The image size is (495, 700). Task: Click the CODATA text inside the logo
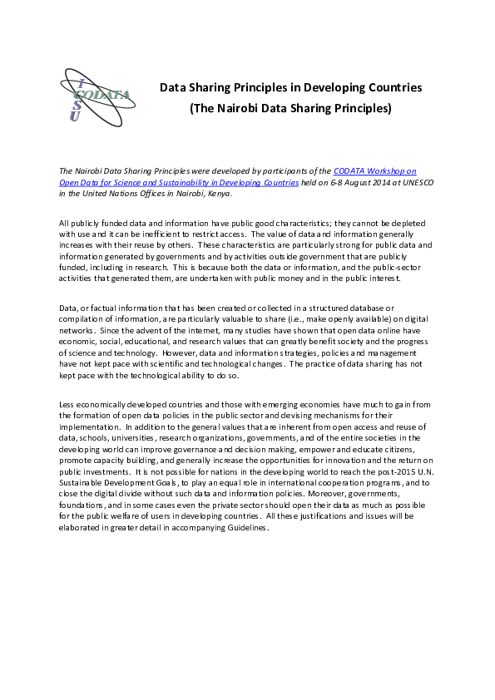click(x=105, y=94)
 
